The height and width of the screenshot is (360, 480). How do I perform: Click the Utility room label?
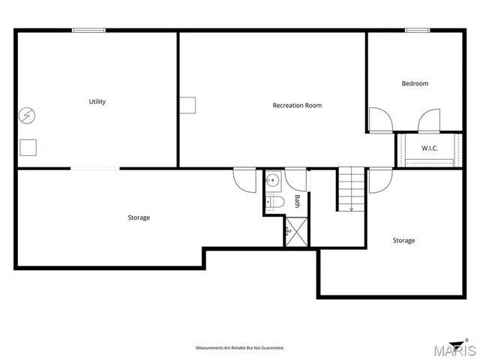click(97, 102)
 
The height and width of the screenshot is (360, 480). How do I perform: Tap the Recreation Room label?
click(297, 106)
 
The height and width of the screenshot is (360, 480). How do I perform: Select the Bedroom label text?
click(415, 83)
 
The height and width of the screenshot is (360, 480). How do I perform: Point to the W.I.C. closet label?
click(429, 148)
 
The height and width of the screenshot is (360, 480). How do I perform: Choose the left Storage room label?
click(139, 217)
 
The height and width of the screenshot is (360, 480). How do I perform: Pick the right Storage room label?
click(403, 241)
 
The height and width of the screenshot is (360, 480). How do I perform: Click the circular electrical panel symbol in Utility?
click(27, 116)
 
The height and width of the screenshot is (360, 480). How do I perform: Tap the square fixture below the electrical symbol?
click(28, 147)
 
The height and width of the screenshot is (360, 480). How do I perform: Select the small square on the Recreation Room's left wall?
click(187, 105)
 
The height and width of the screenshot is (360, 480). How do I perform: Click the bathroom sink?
click(273, 180)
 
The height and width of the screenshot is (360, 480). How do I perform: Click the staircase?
click(350, 189)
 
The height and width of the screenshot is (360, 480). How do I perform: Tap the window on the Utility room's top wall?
click(88, 30)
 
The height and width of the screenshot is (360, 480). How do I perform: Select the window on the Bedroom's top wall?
click(417, 30)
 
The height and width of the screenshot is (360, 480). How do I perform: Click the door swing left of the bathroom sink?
click(245, 179)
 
